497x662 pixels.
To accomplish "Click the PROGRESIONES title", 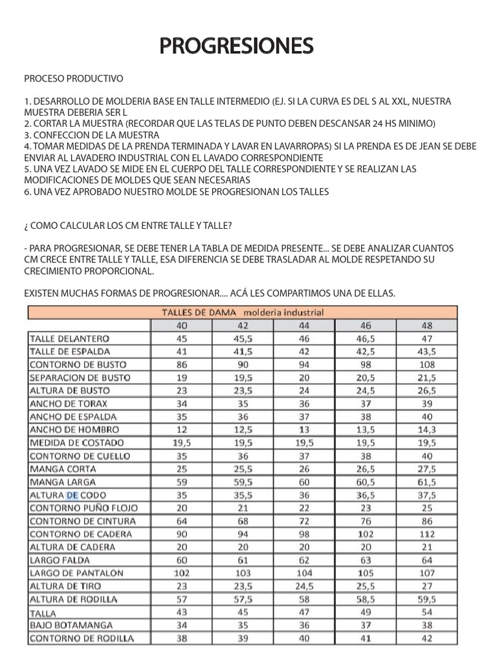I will [237, 46].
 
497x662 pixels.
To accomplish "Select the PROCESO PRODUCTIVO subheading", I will [73, 79].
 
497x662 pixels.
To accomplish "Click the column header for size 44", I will [304, 325].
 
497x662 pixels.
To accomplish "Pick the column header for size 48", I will [426, 325].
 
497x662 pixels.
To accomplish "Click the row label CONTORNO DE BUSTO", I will [79, 365].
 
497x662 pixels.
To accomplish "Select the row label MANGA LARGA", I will [63, 482].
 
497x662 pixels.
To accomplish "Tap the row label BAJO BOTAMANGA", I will [71, 625].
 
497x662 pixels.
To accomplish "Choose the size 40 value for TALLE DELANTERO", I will [181, 338].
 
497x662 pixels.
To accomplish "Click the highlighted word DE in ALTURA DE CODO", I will [72, 495].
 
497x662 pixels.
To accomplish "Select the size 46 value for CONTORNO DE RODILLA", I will [365, 638].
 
